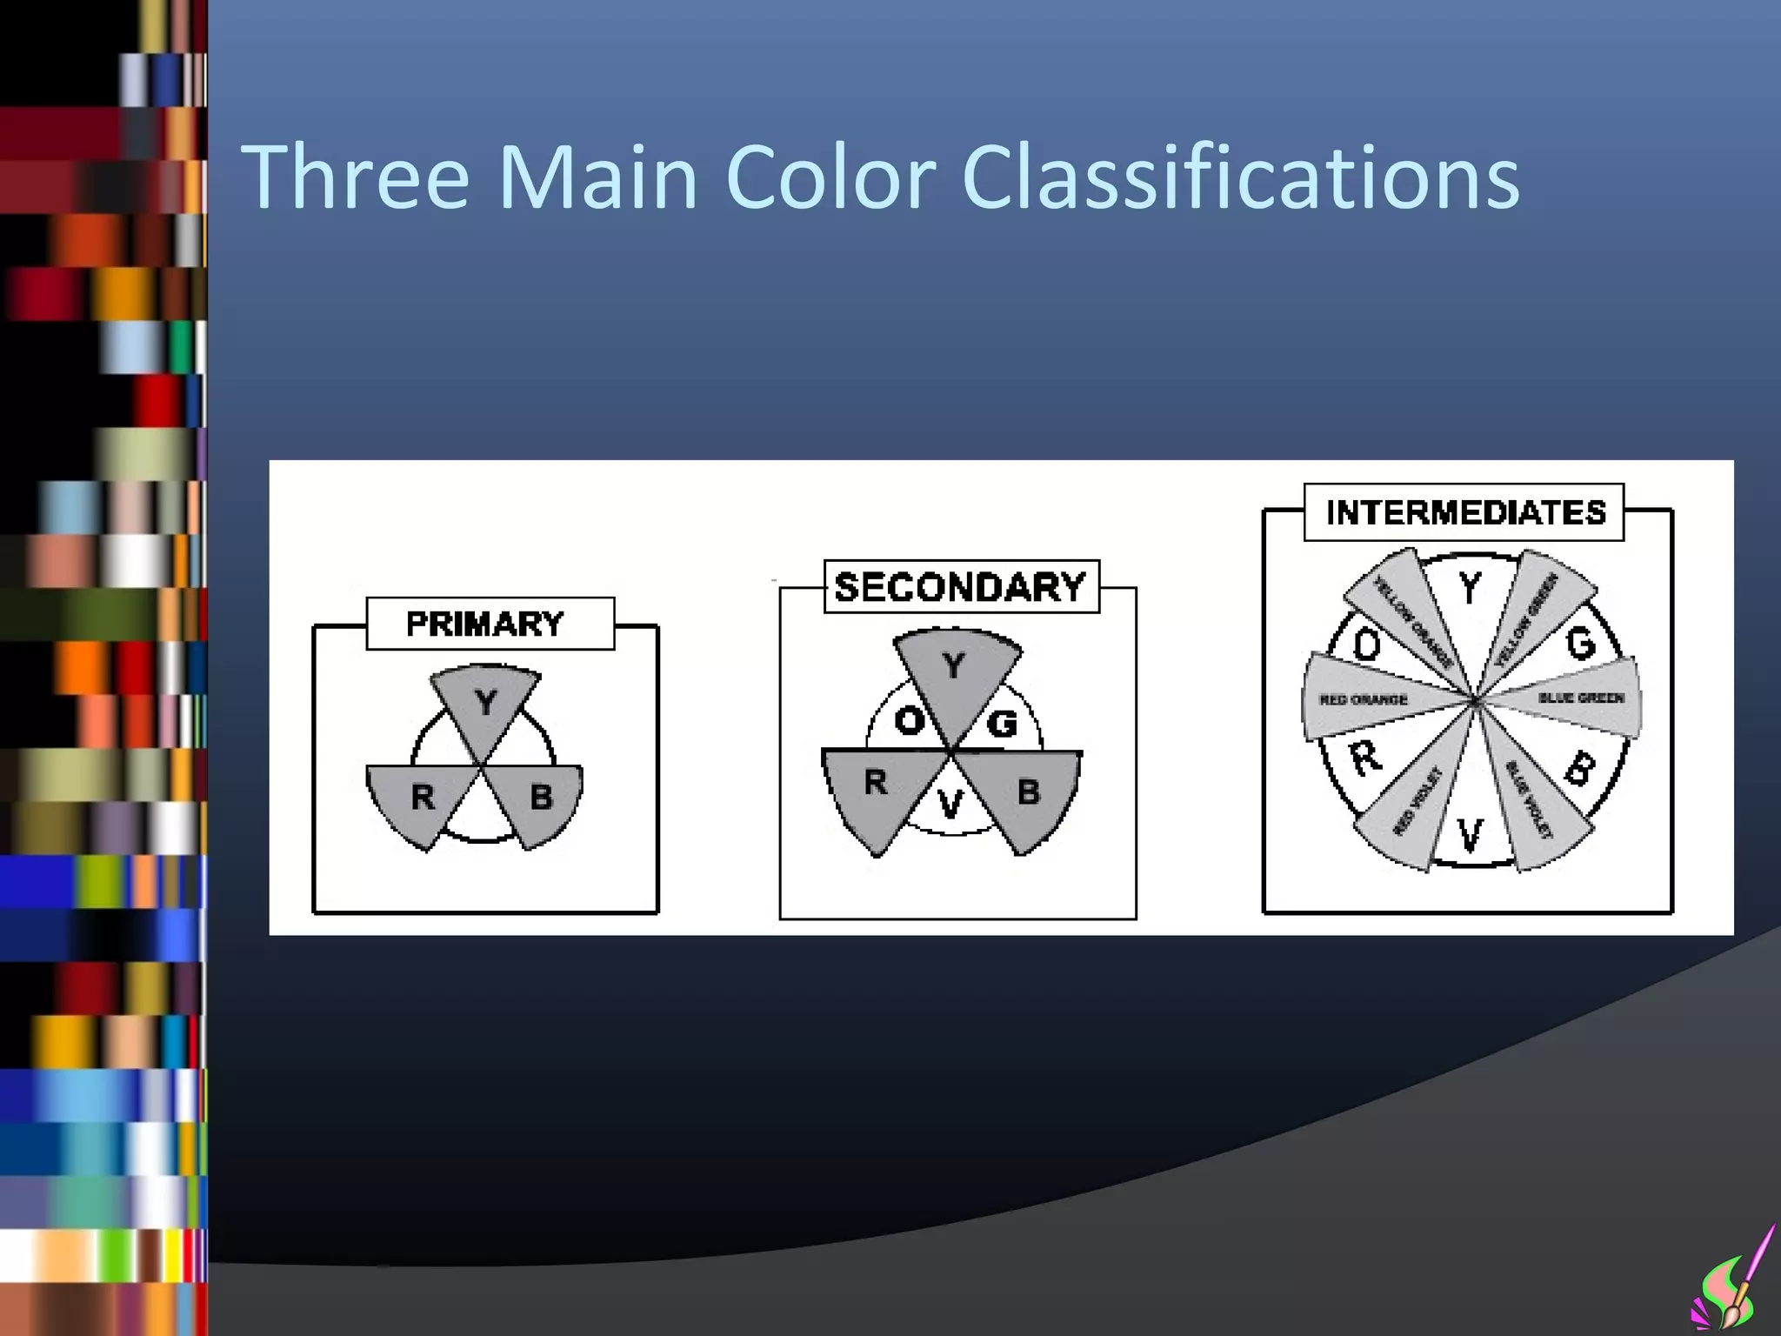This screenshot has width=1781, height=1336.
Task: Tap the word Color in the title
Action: point(830,177)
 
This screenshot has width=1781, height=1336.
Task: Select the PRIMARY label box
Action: point(490,624)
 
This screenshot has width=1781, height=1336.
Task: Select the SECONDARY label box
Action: point(961,587)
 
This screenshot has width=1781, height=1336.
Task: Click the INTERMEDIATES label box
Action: point(1464,512)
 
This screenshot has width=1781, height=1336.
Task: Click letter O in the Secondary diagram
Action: point(909,720)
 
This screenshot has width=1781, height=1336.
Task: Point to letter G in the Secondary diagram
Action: point(1003,722)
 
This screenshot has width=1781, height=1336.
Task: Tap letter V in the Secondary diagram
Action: point(951,805)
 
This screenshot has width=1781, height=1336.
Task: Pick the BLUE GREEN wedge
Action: point(1579,698)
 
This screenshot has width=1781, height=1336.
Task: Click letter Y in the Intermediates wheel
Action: point(1470,589)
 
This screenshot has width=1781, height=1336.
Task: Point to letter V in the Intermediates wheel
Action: point(1470,836)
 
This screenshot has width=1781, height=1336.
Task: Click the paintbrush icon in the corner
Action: point(1734,1284)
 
